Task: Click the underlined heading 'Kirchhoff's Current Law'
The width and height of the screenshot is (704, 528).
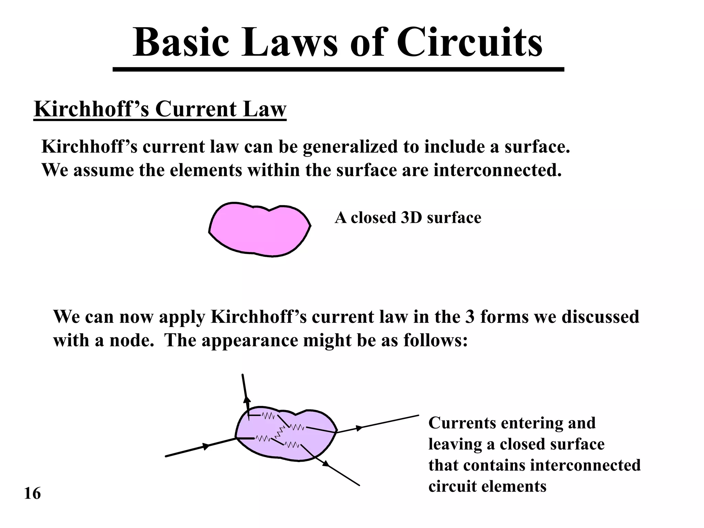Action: pos(160,109)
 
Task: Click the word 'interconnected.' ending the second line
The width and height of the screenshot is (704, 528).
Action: pos(497,170)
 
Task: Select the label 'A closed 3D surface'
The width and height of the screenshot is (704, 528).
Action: pos(408,218)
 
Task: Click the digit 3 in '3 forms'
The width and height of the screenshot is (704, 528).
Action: pos(470,317)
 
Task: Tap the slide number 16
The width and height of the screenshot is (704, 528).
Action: pos(33,494)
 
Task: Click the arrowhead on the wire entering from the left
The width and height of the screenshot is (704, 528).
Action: pos(206,446)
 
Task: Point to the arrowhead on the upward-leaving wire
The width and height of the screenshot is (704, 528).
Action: pos(246,400)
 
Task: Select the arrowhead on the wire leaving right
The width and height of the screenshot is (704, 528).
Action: pos(359,428)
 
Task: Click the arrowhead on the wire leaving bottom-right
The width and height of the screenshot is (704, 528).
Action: pos(326,464)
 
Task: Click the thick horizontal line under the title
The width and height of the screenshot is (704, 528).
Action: pos(339,70)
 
